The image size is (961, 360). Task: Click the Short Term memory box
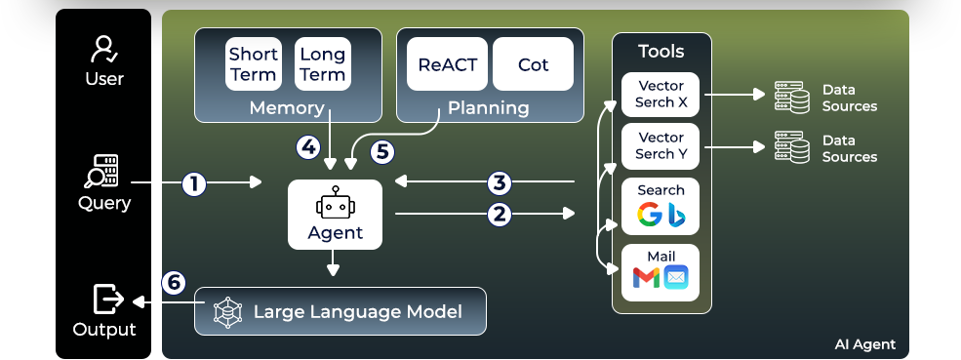(253, 63)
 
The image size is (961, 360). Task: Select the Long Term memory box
(322, 63)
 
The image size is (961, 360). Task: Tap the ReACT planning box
(448, 64)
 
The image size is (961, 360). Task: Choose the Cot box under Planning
(534, 64)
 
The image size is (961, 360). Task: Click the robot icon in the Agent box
(336, 203)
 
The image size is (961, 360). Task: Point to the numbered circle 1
(194, 183)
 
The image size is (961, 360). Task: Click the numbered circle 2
(500, 214)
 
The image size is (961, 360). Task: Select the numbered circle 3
(500, 182)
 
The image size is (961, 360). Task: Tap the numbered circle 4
(307, 147)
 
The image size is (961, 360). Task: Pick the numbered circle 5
(382, 151)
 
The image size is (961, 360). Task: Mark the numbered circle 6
(174, 282)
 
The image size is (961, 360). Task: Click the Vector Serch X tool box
(661, 95)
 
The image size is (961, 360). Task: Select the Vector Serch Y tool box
(661, 146)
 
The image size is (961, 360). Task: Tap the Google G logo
(649, 214)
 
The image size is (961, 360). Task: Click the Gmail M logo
(646, 277)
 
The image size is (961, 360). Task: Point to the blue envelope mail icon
(675, 277)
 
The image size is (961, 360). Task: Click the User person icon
(104, 50)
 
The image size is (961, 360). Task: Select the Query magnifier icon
(101, 172)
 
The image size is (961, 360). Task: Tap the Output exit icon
(108, 300)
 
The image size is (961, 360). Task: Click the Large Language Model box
(340, 311)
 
